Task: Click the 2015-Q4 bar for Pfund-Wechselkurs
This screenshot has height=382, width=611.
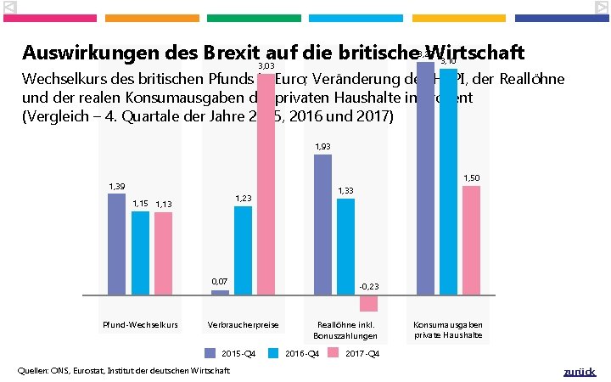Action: pos(116,244)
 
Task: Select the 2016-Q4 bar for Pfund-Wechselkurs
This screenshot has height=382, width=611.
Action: pos(140,252)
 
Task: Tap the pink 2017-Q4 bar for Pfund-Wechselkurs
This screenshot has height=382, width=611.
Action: pos(163,253)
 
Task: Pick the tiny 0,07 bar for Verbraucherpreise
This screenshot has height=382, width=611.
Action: pos(220,292)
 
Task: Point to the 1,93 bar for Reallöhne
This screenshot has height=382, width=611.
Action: pos(322,224)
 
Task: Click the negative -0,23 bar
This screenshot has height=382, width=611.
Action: pos(368,302)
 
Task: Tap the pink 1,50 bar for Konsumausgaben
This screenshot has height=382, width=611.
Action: pos(471,239)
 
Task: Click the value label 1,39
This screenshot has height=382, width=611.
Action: pos(116,186)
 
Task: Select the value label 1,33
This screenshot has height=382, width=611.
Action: pos(346,191)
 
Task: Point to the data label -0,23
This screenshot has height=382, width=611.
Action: pos(369,287)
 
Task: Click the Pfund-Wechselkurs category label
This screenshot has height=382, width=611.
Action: pos(140,325)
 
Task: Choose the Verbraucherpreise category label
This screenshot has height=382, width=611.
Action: pos(243,325)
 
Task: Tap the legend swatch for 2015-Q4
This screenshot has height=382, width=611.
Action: pos(210,353)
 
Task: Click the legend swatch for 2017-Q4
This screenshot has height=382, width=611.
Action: pos(334,353)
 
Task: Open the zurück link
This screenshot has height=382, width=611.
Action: pos(580,372)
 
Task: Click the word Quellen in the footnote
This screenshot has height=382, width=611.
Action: pos(34,371)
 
